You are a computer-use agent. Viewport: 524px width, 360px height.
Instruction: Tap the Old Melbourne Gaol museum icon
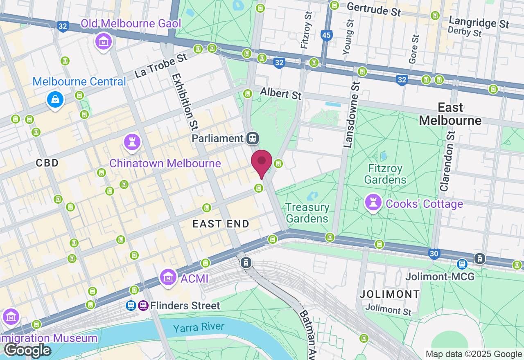point(104,41)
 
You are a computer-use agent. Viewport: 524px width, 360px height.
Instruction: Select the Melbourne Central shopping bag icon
point(55,99)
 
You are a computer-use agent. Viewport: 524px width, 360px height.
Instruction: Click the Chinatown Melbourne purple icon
point(132,142)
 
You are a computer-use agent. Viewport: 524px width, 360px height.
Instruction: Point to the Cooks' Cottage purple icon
point(373,202)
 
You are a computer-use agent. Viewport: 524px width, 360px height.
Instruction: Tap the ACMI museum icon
point(168,278)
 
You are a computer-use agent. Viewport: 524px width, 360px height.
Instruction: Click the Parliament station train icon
point(253,138)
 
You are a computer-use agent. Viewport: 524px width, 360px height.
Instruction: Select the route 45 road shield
point(326,36)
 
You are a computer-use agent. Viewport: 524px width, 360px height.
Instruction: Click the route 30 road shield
point(434,254)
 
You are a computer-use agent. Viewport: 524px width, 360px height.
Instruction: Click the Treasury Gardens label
point(307,213)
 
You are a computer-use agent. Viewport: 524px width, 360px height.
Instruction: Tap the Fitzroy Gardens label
point(385,174)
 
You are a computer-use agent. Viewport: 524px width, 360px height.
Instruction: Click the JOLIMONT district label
point(390,294)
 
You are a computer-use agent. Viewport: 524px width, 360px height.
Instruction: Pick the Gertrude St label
point(373,9)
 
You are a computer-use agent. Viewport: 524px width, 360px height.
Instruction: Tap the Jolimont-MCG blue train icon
point(462,264)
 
